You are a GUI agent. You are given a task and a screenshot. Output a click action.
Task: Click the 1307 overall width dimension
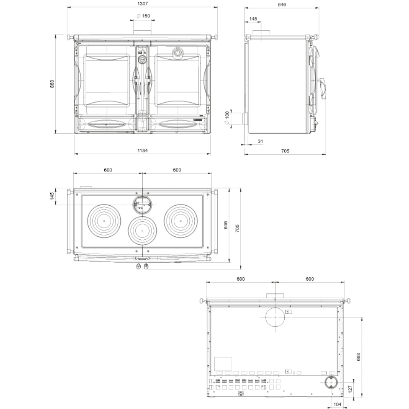(x=142, y=4)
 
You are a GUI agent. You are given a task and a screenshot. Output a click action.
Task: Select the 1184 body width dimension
(x=142, y=151)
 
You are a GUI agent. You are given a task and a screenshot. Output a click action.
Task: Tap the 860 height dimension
(x=52, y=84)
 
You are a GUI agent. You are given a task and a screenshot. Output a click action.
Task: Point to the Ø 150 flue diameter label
(x=144, y=16)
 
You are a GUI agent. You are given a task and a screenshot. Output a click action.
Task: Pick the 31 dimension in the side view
(x=260, y=141)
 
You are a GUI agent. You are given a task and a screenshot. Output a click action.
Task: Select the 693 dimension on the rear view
(x=358, y=357)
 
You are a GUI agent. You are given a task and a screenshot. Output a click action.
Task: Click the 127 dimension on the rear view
(x=351, y=389)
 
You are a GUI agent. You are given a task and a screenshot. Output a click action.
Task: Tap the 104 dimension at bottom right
(x=337, y=404)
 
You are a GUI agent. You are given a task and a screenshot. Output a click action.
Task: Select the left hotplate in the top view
(x=104, y=221)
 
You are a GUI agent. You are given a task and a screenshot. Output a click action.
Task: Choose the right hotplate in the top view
(x=181, y=221)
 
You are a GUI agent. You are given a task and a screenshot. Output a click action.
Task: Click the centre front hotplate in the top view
(x=142, y=231)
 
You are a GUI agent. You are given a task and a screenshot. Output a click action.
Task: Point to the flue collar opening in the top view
(x=142, y=205)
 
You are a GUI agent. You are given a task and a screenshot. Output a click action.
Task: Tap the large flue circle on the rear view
(x=275, y=317)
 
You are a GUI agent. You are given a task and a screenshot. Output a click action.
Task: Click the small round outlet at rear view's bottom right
(x=331, y=383)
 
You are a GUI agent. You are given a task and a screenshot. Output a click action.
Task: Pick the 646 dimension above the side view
(x=282, y=4)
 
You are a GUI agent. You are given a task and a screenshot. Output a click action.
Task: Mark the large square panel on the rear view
(x=223, y=364)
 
